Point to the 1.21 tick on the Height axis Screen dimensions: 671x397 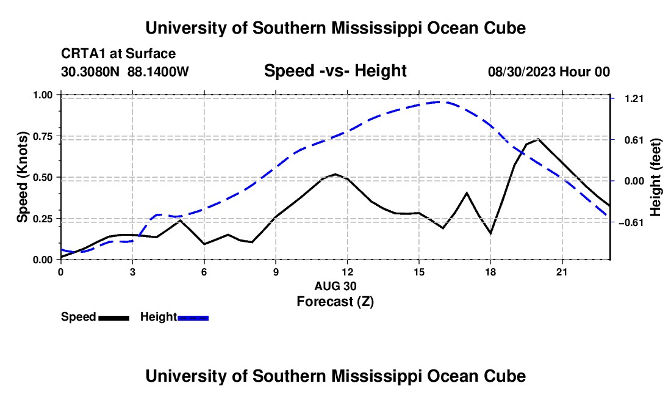[634, 98]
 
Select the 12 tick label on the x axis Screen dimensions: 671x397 [348, 272]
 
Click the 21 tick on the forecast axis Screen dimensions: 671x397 [561, 272]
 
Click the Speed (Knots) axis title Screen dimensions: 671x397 [22, 177]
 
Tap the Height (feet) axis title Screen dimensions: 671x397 [655, 177]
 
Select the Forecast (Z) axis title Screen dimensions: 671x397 [335, 302]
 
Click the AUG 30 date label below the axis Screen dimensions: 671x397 [335, 286]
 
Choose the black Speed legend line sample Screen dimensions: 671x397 [114, 318]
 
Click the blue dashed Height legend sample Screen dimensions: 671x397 [193, 318]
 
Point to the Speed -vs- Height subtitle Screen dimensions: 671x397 [335, 71]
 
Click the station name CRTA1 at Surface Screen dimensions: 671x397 [118, 54]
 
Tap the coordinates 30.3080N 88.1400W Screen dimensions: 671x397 [124, 71]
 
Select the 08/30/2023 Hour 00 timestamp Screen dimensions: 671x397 [548, 71]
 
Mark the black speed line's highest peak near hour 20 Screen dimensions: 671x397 [538, 139]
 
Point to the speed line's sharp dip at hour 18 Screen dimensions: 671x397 [490, 233]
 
